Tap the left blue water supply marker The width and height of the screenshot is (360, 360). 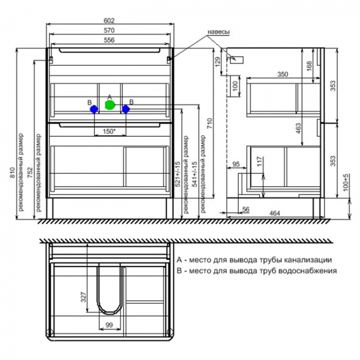[94, 110]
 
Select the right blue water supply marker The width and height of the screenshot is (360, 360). [126, 110]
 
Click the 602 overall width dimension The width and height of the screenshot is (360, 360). [110, 20]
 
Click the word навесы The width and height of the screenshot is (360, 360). [219, 33]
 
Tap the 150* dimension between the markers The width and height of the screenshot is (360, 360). [109, 131]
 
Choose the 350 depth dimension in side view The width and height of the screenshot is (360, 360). [283, 73]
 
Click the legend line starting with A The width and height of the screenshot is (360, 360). [254, 259]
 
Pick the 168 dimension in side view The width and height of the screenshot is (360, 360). [308, 66]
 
